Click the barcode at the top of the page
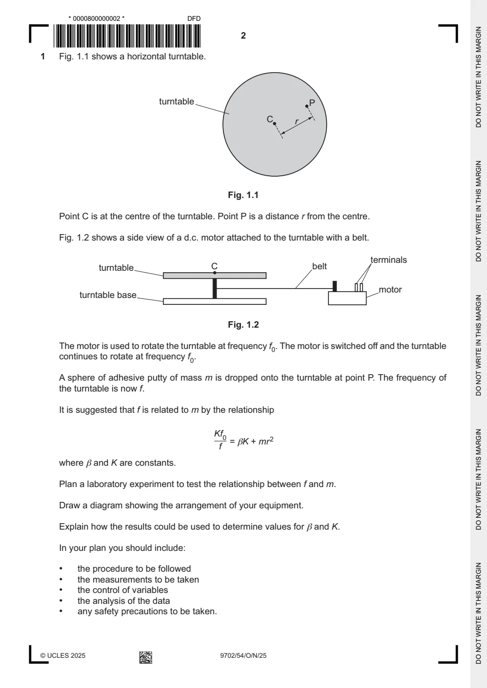[x=127, y=36]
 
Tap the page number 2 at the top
[x=243, y=36]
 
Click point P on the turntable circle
[x=307, y=106]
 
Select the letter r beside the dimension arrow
[x=296, y=122]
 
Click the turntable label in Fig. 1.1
[x=176, y=101]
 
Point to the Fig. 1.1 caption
[x=243, y=195]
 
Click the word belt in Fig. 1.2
[x=320, y=266]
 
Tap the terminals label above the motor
[x=388, y=260]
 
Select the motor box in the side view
[x=347, y=298]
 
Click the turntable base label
[x=108, y=295]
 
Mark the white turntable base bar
[x=215, y=301]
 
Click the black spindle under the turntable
[x=215, y=289]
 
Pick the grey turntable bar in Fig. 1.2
[x=215, y=276]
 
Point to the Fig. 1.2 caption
[x=243, y=325]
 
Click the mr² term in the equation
[x=266, y=442]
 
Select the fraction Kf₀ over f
[x=220, y=440]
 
